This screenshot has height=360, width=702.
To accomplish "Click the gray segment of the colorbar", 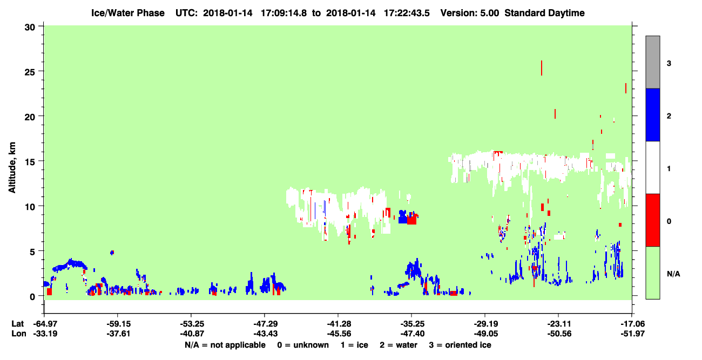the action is pos(652,62).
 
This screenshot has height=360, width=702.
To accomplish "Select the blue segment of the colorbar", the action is pos(652,115).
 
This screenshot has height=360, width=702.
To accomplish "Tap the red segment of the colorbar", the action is pos(652,220).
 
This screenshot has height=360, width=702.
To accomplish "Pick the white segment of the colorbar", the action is pos(652,168).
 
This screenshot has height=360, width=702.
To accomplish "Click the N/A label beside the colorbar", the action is pos(673,274).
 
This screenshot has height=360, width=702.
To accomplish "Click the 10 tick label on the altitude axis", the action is pos(30,207).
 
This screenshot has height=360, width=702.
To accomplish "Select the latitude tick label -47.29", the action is pos(265,324).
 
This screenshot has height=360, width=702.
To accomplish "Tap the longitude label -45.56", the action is pos(339,334).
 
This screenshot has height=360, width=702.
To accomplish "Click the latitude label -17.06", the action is pos(632,324).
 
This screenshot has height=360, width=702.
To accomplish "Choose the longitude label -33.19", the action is pos(45,334).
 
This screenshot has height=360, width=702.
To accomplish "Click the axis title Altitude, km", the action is pos(12,168).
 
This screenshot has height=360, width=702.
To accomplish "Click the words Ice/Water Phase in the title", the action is pos(128,13).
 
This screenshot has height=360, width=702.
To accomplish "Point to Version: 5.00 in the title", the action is pos(470,13).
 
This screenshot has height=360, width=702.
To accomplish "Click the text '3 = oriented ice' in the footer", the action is pos(460,345).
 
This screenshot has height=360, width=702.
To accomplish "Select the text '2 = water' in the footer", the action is pos(399,345).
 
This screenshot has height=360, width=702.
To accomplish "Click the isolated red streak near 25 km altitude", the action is pos(542,67).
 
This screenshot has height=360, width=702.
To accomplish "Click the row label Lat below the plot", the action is pos(17,324).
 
